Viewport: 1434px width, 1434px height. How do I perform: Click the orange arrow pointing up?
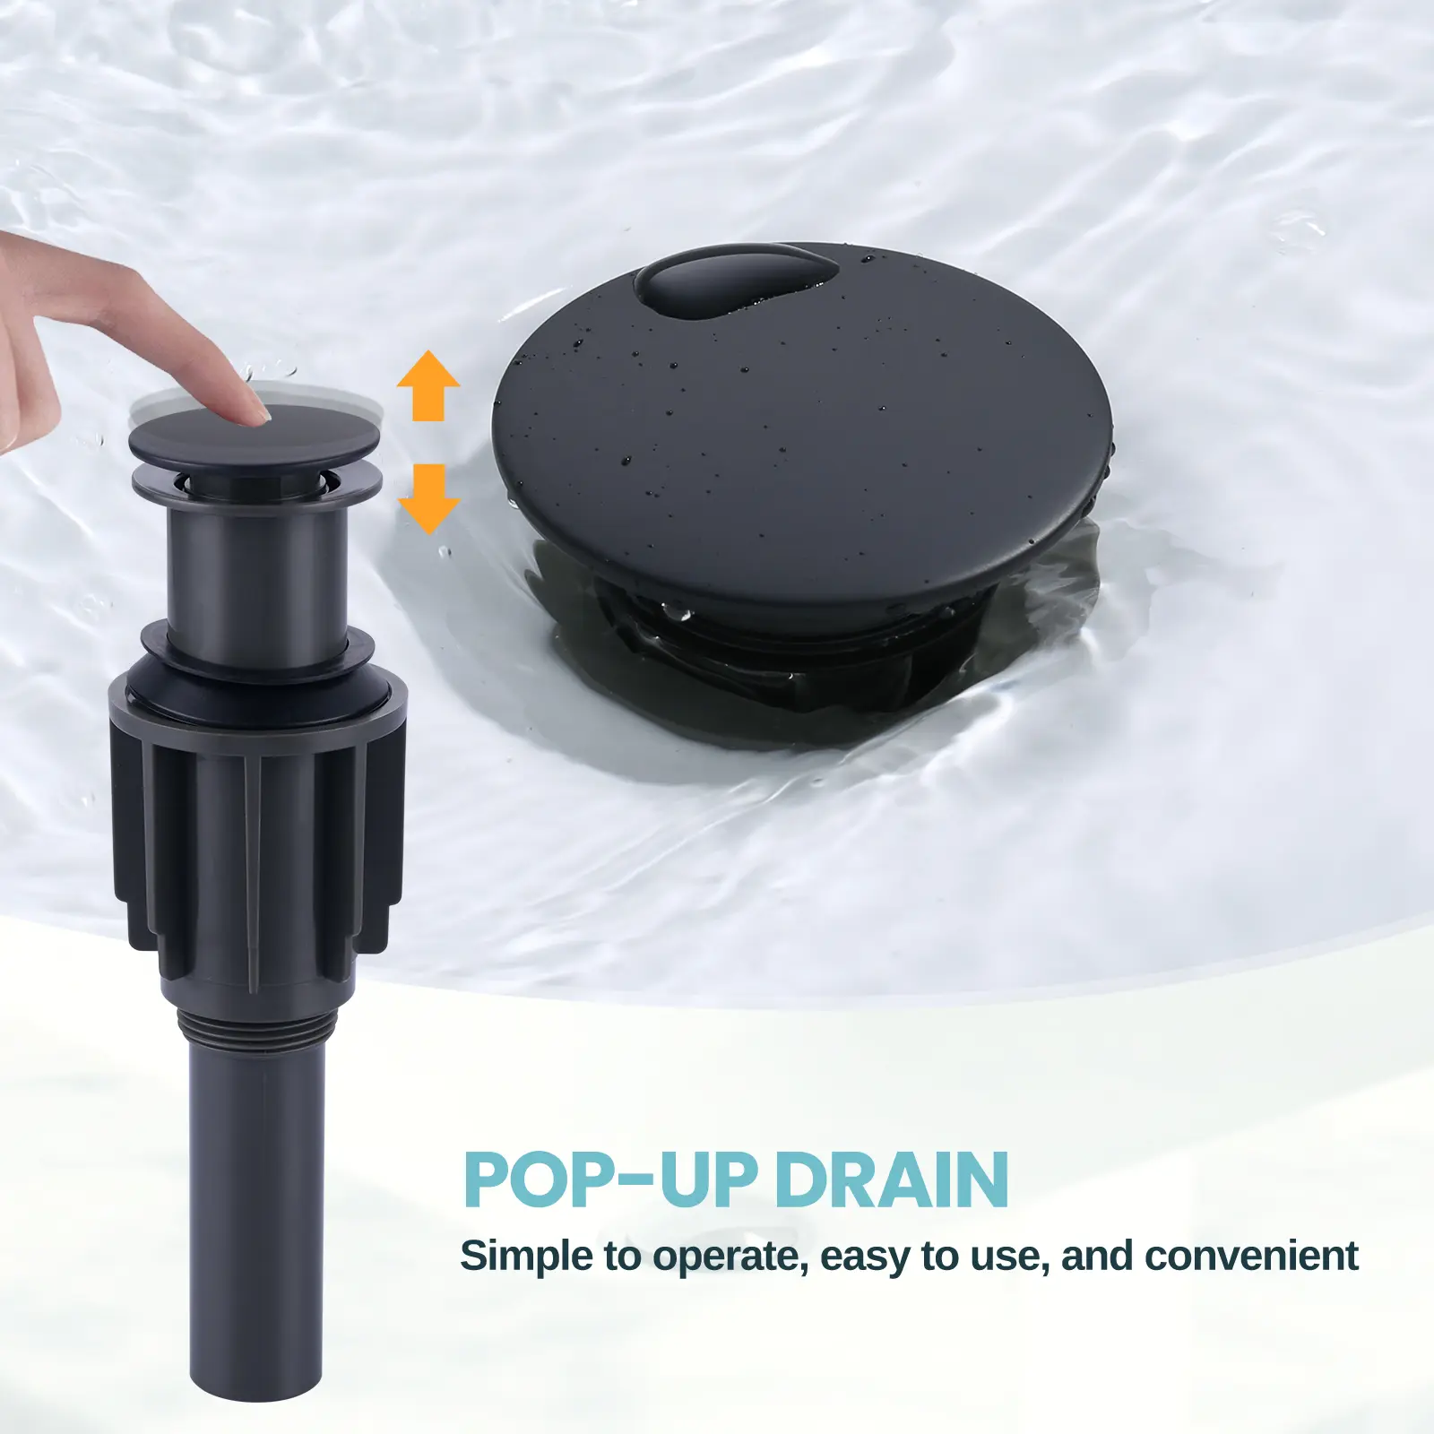click(x=428, y=385)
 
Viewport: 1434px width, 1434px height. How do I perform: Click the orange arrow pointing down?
click(x=428, y=499)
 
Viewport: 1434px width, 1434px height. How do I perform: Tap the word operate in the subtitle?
click(x=725, y=1258)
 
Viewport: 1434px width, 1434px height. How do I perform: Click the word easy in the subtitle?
click(x=864, y=1258)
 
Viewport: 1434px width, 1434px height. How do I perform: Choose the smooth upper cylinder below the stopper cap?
click(x=256, y=569)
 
